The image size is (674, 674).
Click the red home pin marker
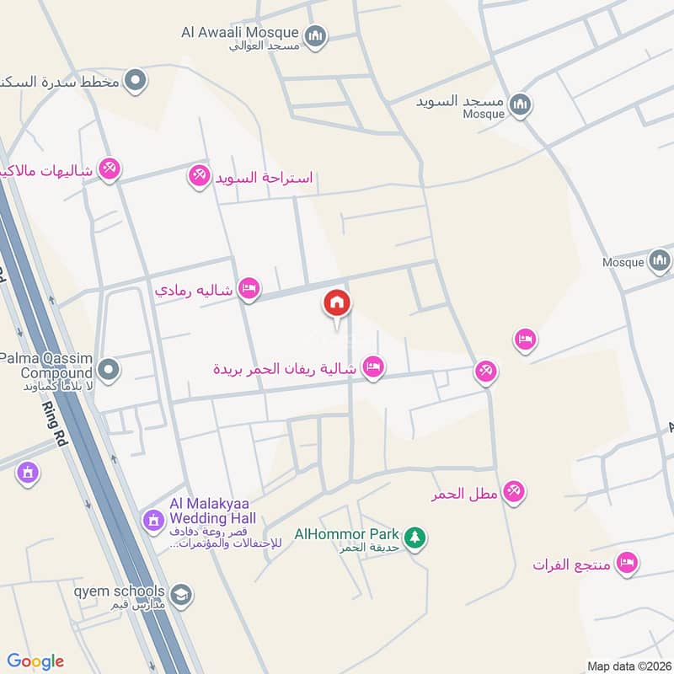(337, 303)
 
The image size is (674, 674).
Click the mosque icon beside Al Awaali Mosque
(316, 35)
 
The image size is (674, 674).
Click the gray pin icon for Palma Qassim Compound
(108, 369)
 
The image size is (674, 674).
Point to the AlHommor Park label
(345, 533)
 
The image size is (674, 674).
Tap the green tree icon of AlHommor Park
(414, 536)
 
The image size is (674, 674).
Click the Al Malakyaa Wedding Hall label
(212, 511)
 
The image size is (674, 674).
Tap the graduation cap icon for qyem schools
(180, 596)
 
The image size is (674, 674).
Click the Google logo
(35, 661)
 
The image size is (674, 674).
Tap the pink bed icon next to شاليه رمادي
(249, 289)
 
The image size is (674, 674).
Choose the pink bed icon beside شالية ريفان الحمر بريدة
(373, 366)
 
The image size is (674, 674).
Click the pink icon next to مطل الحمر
(514, 491)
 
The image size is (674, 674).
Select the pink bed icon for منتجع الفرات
(626, 562)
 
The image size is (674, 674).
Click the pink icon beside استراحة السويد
(199, 176)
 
